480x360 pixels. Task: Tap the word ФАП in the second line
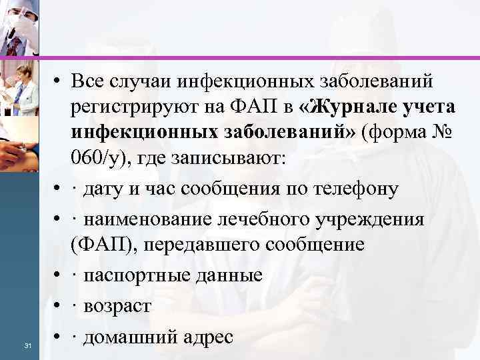[x=244, y=107]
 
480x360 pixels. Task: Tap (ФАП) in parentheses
[x=99, y=244]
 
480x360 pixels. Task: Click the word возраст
[x=116, y=306]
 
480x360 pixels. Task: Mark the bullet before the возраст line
[x=59, y=306]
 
